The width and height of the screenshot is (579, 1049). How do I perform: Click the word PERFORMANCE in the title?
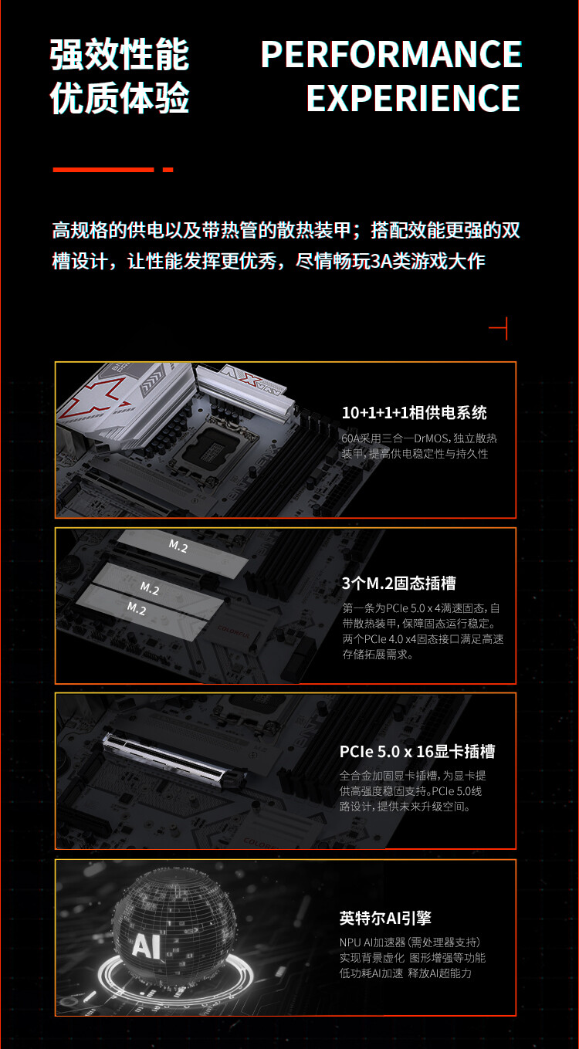[391, 55]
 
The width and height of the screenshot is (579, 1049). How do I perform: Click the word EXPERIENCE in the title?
[413, 99]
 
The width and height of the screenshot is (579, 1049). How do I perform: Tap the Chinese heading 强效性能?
[120, 55]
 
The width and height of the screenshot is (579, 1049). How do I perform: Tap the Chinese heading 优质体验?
[120, 99]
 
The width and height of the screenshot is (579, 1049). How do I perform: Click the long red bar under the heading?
[103, 169]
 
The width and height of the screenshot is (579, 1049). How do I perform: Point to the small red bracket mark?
[499, 328]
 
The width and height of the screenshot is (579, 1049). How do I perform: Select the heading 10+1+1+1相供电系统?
[414, 413]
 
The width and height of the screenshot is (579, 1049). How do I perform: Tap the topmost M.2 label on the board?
[178, 546]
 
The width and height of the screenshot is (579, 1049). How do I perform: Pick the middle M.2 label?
[150, 589]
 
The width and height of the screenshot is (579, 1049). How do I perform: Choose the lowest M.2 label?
[136, 608]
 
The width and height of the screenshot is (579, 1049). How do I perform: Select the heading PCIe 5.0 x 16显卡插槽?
[417, 751]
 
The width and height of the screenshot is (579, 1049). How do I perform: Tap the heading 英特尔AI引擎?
[384, 918]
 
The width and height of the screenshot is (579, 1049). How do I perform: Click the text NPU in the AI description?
[350, 942]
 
